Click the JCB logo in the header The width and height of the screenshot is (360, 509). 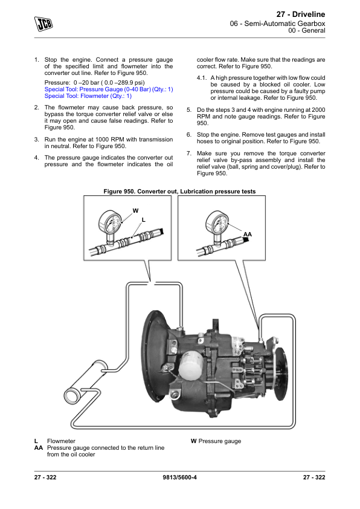click(43, 24)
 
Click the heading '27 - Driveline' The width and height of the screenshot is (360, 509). click(301, 15)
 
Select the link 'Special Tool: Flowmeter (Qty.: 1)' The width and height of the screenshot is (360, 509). click(88, 96)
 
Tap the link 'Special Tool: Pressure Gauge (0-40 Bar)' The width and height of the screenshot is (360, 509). click(97, 89)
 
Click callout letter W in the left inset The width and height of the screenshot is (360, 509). click(135, 211)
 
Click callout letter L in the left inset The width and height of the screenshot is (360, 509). click(144, 220)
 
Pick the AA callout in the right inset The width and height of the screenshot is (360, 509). click(248, 235)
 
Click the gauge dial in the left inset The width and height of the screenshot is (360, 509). click(110, 222)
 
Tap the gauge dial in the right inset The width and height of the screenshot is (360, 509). click(217, 222)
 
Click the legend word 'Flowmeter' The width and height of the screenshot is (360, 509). click(61, 441)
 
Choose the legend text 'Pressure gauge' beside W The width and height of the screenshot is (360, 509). click(220, 441)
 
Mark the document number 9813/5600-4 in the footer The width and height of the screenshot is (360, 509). click(179, 477)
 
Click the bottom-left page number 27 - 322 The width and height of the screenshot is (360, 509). click(45, 477)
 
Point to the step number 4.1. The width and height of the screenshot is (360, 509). click(202, 78)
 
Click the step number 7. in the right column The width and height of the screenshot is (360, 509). click(189, 153)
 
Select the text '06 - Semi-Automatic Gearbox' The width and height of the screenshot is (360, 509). click(278, 24)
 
